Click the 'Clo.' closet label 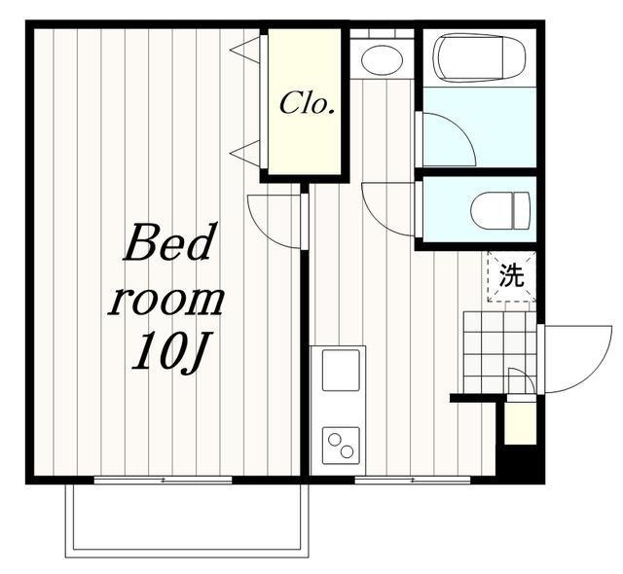coord(306,103)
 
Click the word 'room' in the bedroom coord(166,301)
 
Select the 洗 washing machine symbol coord(512,276)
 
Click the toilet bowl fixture coord(500,210)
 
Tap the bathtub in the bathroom coord(479,58)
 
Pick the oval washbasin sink coord(382,60)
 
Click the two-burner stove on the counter coord(341,446)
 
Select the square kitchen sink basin coord(341,370)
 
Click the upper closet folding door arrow coord(245,50)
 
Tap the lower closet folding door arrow coord(245,153)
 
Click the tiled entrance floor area coord(499,352)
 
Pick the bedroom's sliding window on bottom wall coord(163,481)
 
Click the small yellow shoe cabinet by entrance coord(520,423)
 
